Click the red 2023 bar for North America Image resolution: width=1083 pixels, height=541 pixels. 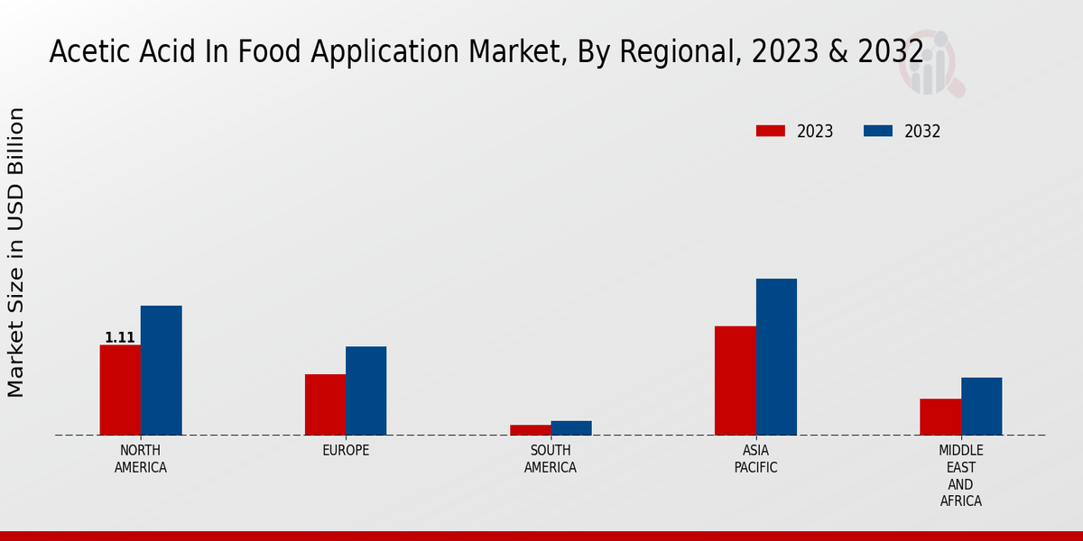[x=120, y=390]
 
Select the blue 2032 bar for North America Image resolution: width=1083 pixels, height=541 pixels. [x=161, y=371]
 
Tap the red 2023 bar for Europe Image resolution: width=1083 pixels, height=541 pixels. [x=325, y=404]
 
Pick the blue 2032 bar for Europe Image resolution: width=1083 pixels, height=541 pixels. [x=366, y=390]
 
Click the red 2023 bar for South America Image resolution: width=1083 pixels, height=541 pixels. [x=530, y=430]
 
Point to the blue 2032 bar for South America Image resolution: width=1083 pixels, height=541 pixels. [x=571, y=428]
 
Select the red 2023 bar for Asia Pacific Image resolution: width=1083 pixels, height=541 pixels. [x=735, y=381]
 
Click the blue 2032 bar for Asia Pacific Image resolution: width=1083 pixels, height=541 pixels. [x=776, y=357]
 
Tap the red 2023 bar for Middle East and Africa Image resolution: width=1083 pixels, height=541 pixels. [x=940, y=417]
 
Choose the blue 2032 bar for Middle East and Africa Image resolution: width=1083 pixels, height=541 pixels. [x=981, y=406]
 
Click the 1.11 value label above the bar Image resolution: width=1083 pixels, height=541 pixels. [x=120, y=338]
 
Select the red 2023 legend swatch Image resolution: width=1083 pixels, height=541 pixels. [x=770, y=131]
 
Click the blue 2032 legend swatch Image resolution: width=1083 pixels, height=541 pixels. [x=877, y=131]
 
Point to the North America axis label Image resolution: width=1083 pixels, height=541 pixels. [x=141, y=459]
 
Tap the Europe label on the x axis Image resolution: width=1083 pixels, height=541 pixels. [x=346, y=451]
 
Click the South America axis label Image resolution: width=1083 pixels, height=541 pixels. [x=551, y=459]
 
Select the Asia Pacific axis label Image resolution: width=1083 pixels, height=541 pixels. [x=755, y=459]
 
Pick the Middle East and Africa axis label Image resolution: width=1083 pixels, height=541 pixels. [x=961, y=475]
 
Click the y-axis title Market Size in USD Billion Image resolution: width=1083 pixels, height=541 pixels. [x=16, y=252]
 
